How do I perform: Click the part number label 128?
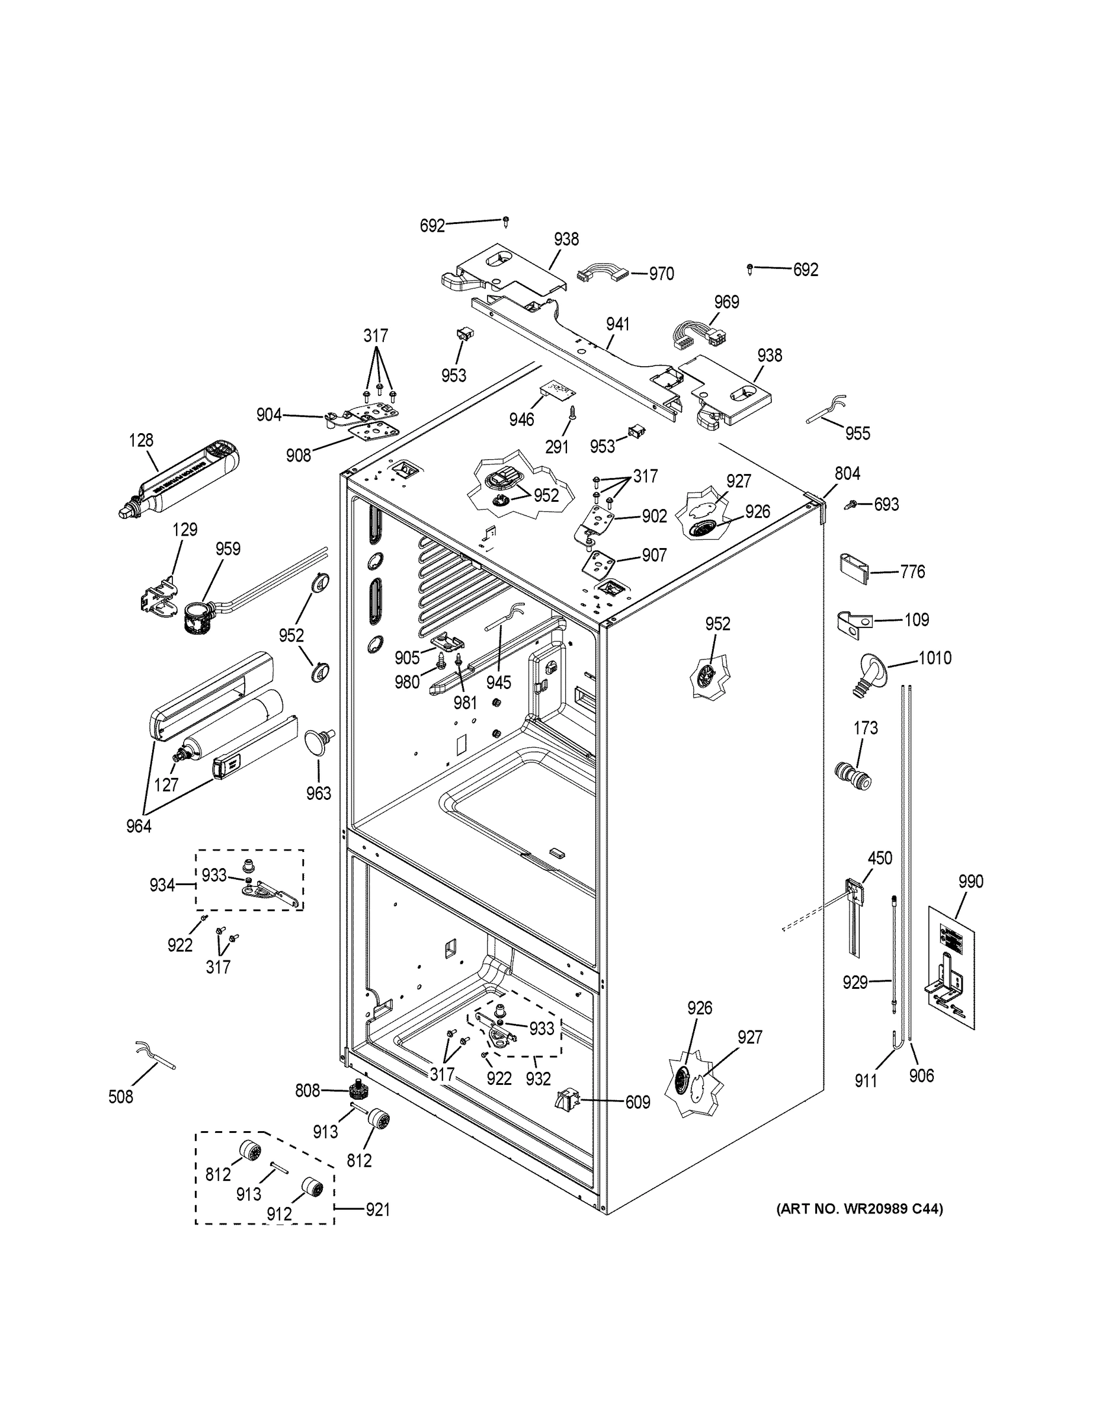[x=141, y=440]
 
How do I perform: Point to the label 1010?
[x=934, y=658]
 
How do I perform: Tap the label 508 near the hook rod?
[x=120, y=1097]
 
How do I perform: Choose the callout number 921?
[x=377, y=1210]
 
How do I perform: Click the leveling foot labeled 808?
[x=357, y=1088]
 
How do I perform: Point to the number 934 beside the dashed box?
[x=162, y=885]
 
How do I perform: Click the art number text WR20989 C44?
[x=860, y=1209]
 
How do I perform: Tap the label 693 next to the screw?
[x=886, y=504]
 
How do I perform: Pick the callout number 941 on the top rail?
[x=617, y=324]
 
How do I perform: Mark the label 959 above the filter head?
[x=228, y=549]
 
